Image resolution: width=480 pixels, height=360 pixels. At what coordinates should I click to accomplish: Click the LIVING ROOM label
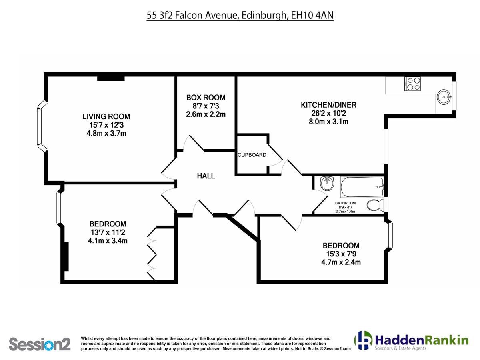(x=106, y=116)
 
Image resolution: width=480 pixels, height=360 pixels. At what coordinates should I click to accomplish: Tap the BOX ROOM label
(x=206, y=98)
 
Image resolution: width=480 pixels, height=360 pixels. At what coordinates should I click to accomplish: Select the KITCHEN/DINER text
(x=328, y=105)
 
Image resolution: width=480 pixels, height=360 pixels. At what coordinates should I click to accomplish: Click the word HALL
(x=206, y=176)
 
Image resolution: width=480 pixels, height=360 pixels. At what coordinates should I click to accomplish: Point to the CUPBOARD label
(x=252, y=155)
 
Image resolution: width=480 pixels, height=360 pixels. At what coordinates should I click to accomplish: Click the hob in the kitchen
(x=412, y=84)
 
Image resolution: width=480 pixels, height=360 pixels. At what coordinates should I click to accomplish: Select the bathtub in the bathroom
(x=362, y=187)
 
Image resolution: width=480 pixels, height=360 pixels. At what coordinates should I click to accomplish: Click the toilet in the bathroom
(x=375, y=205)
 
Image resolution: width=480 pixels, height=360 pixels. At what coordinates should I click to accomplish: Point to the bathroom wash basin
(x=327, y=183)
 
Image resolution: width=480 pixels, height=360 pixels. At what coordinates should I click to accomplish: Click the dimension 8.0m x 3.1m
(x=328, y=122)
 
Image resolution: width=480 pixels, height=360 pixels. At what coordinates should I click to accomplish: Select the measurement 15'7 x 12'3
(x=106, y=125)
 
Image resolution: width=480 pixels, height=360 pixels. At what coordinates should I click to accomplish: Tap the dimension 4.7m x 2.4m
(x=341, y=262)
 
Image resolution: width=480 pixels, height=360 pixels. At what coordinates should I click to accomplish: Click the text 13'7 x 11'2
(x=107, y=232)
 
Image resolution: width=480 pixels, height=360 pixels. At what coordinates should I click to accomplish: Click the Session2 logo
(x=40, y=344)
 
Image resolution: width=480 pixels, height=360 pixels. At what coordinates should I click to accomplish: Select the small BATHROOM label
(x=345, y=203)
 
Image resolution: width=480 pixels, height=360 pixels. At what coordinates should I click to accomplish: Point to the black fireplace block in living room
(x=111, y=79)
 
